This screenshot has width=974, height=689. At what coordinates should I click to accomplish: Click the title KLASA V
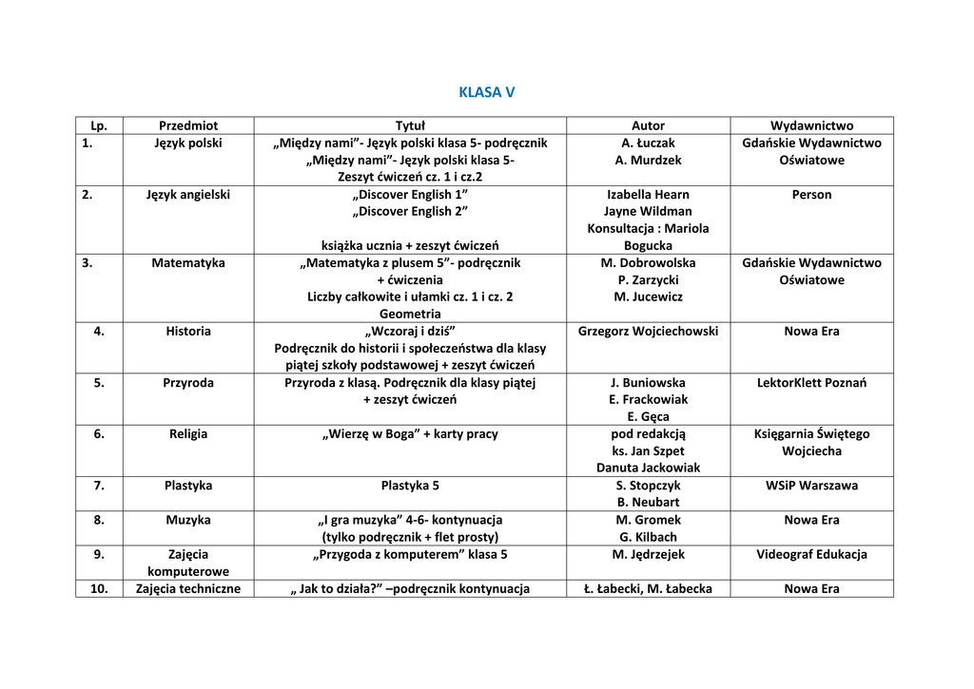point(486,92)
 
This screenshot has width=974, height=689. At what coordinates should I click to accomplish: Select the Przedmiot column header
point(188,125)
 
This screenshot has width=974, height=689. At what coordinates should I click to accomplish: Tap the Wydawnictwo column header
point(811,125)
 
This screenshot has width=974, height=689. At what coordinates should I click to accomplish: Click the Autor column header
point(648,125)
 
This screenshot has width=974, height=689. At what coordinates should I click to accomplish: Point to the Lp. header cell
point(99,125)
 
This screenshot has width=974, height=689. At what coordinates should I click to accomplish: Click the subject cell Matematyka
point(188,262)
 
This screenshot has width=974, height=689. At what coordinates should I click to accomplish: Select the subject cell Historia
point(188,331)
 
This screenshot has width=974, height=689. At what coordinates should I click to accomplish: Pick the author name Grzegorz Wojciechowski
point(648,331)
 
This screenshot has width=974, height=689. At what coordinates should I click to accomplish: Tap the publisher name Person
point(811,194)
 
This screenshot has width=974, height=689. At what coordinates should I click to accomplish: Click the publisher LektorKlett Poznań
point(811,382)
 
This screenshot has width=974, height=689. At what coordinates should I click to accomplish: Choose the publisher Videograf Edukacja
point(811,554)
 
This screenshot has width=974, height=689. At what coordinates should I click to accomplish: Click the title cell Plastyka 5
point(410,485)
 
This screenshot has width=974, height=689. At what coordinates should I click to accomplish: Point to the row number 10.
point(99,588)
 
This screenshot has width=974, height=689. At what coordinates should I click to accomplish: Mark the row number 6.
point(99,433)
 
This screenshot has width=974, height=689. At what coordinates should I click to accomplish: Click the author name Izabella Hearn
point(648,194)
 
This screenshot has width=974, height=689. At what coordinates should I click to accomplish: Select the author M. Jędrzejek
point(648,554)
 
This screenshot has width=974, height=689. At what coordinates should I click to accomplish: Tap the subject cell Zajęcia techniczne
point(188,588)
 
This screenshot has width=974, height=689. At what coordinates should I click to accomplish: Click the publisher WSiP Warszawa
point(811,485)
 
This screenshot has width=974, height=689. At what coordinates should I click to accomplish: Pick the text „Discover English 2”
point(410,211)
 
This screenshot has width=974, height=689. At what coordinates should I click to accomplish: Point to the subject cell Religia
point(188,433)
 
